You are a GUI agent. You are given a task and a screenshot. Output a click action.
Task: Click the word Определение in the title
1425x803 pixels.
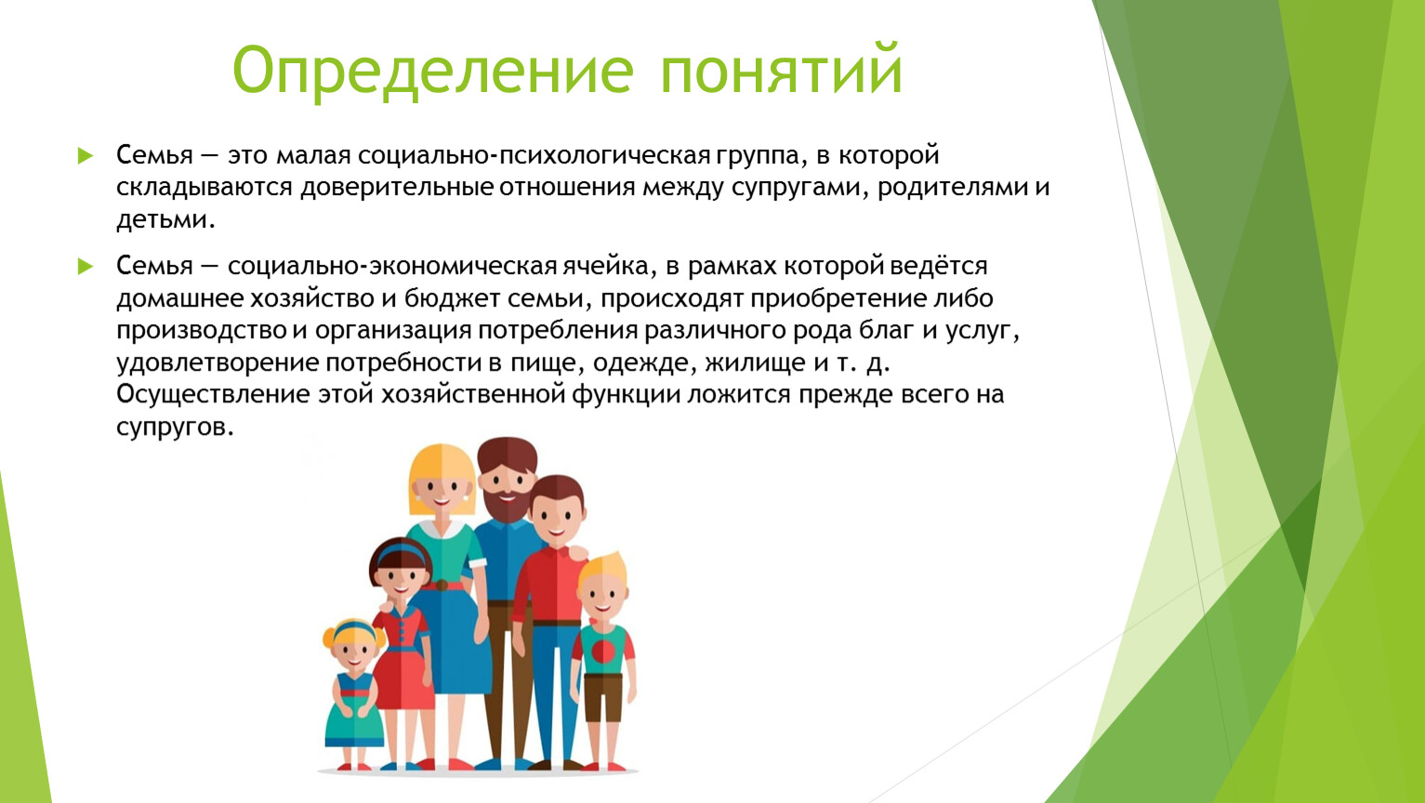pos(433,72)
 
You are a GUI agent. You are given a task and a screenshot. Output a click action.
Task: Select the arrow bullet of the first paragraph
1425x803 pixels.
pos(86,155)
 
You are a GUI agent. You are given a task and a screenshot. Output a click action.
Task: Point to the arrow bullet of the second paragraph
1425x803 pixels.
pos(86,266)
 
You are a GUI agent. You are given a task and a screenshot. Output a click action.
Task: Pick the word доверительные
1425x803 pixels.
pos(397,188)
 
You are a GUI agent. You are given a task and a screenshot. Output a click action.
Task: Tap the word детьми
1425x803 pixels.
pos(165,219)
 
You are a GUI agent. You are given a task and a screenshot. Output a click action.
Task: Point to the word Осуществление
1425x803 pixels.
pos(213,395)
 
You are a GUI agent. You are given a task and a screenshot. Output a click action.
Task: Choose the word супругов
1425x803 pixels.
pos(175,428)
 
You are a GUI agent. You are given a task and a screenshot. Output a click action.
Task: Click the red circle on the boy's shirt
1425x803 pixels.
pos(603,652)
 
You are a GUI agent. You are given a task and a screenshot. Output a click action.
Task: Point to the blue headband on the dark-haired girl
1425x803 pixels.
pos(401,553)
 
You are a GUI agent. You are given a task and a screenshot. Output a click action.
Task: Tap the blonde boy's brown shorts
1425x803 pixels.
pos(602,697)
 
